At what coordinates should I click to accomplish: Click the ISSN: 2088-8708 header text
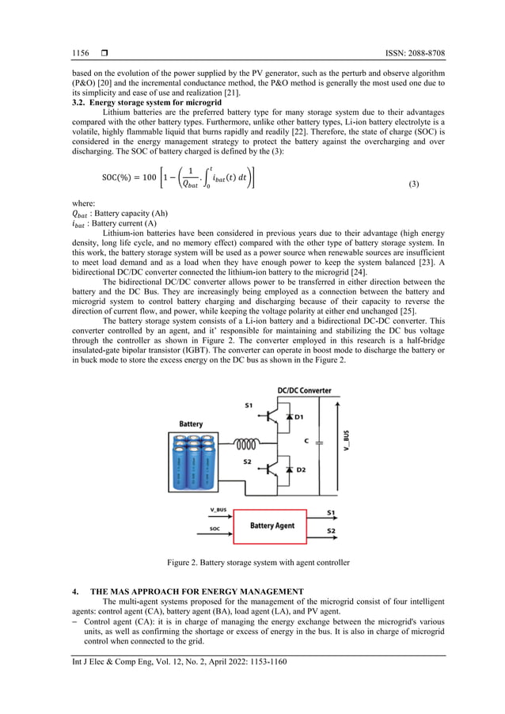pyautogui.click(x=406, y=53)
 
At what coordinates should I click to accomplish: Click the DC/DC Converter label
pyautogui.click(x=304, y=390)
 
